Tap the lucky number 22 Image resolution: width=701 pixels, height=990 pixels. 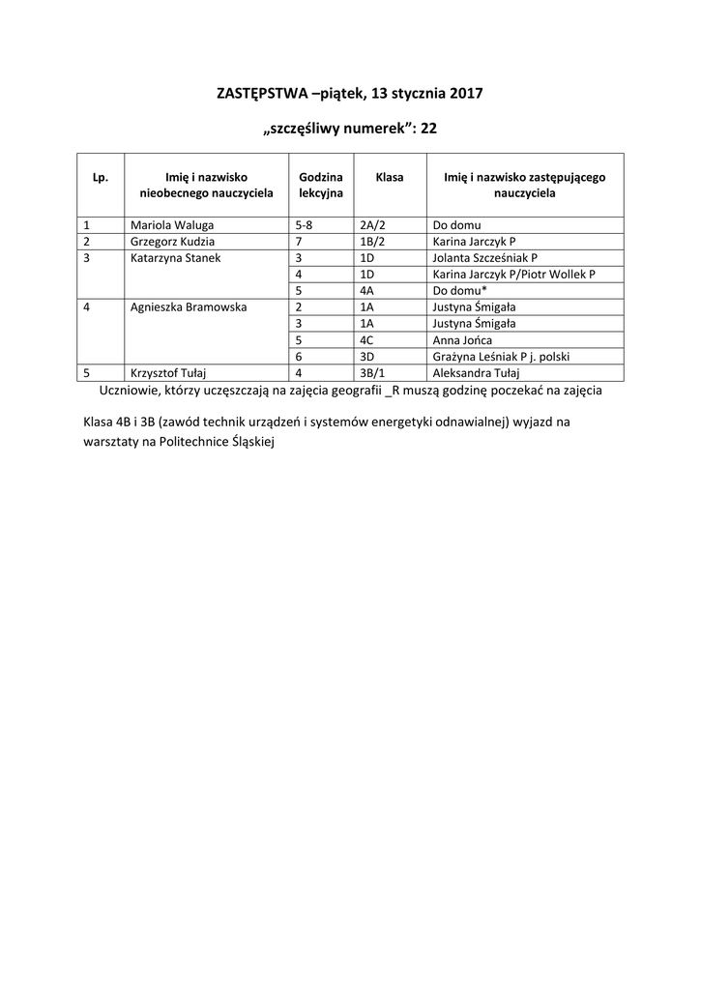click(429, 128)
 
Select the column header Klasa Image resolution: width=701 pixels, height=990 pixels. click(389, 178)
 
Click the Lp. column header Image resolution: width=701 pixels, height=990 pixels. click(101, 178)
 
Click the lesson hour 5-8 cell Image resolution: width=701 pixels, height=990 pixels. click(304, 224)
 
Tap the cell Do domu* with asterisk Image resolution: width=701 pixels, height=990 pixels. click(459, 291)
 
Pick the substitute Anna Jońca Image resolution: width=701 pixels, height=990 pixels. click(462, 340)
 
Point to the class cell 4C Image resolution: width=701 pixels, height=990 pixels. click(366, 340)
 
